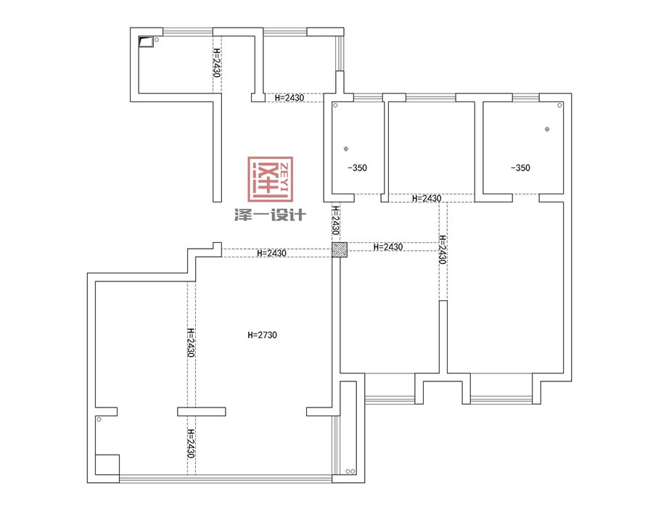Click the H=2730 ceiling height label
tap(262, 335)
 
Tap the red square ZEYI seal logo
tap(271, 179)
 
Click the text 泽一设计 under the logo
tap(270, 215)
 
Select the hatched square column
tap(340, 249)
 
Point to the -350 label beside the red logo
tap(357, 167)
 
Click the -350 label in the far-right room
tap(520, 167)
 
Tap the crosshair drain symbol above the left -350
tap(345, 149)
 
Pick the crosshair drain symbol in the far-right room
tap(547, 129)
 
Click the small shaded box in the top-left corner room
tap(146, 41)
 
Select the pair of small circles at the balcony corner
tap(350, 471)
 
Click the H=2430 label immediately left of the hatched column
tap(271, 253)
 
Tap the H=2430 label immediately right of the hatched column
tap(387, 247)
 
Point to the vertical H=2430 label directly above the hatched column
tap(336, 220)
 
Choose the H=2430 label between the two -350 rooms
tap(427, 199)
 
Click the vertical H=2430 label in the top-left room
tap(217, 62)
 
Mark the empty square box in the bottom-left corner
tap(107, 465)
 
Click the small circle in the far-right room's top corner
tap(559, 105)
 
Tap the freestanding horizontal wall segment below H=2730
tap(202, 412)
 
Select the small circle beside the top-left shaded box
tap(157, 40)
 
